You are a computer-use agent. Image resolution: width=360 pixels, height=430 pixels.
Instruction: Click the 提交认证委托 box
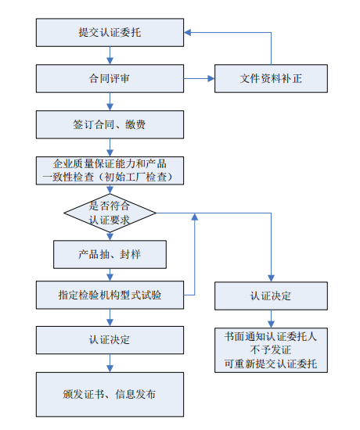tap(110, 33)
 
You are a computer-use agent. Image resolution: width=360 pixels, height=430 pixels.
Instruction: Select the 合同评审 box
tap(110, 78)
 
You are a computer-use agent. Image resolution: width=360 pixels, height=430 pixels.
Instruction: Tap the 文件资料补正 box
tap(272, 78)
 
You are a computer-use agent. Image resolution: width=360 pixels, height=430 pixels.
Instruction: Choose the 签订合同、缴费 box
tap(110, 124)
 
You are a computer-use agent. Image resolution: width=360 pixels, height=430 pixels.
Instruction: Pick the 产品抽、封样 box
tap(110, 254)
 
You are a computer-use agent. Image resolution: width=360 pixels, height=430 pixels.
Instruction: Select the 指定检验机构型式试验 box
tap(110, 295)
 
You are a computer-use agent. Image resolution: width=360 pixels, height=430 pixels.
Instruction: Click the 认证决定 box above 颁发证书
tap(110, 340)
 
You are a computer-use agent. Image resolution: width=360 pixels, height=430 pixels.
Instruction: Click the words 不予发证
tap(272, 350)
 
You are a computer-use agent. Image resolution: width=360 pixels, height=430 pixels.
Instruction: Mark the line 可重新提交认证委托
tap(272, 364)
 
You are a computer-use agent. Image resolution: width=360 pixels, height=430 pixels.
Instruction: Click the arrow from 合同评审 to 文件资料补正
tap(200, 78)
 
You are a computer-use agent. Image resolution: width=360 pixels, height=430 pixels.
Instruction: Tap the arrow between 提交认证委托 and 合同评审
tap(110, 56)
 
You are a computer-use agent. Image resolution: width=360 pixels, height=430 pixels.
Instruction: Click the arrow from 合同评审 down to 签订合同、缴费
tap(110, 101)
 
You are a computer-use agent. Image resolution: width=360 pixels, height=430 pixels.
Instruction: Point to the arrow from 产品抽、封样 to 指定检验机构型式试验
tap(110, 274)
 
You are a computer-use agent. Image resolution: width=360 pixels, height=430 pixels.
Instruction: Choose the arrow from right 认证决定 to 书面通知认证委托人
tap(272, 318)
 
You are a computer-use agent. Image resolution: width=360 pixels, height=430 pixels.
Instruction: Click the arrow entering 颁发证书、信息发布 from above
tap(110, 364)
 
